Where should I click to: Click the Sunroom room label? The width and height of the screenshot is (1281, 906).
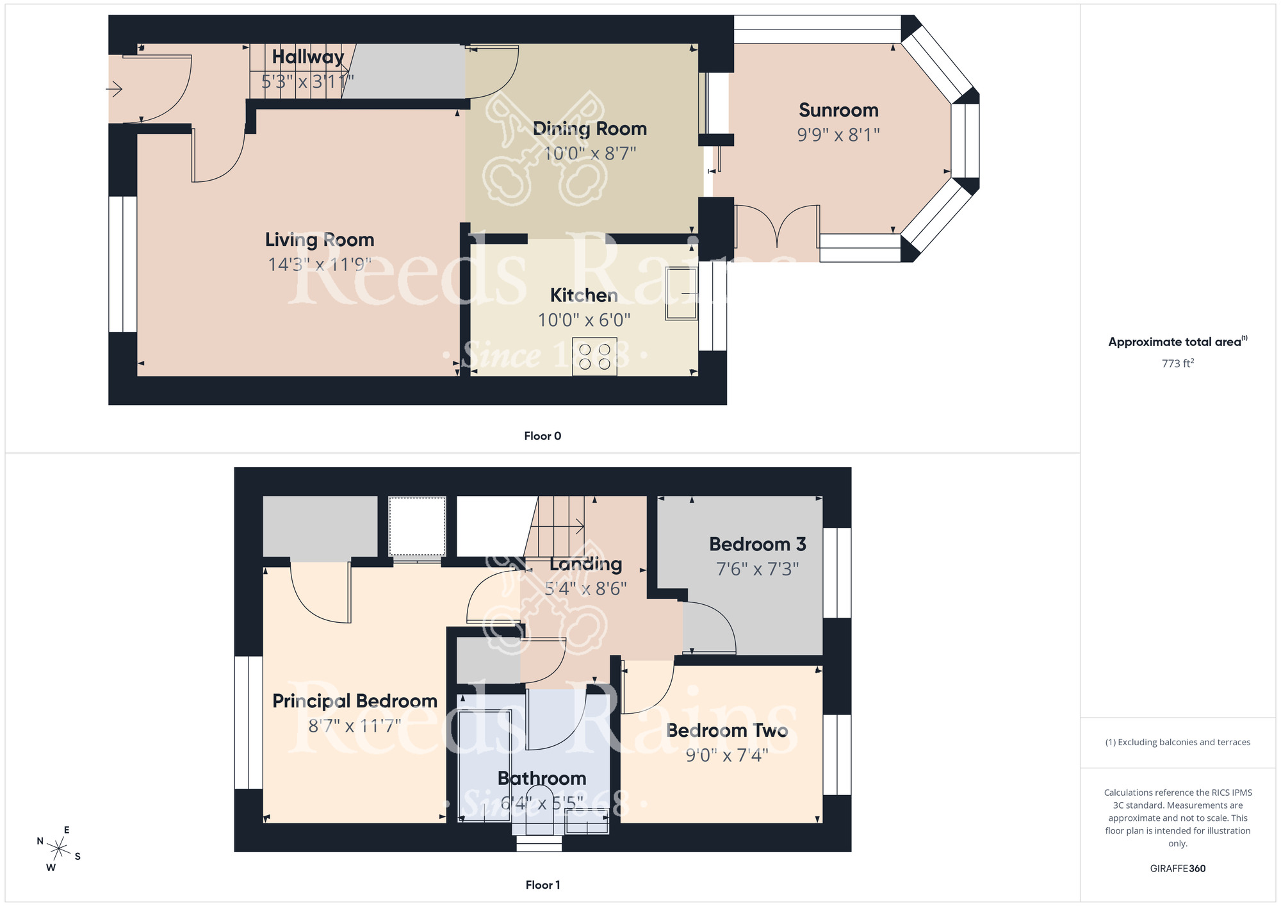click(x=838, y=110)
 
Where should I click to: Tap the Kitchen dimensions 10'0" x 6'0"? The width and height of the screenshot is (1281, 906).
click(x=583, y=320)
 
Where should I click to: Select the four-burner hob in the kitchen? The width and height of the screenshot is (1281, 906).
click(x=594, y=357)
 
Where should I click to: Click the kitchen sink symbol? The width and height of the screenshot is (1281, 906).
click(x=681, y=293)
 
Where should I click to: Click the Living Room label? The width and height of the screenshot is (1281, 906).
click(x=320, y=240)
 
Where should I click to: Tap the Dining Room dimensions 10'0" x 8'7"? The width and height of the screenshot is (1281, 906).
click(x=589, y=154)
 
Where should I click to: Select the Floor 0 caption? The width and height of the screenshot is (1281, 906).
click(x=542, y=436)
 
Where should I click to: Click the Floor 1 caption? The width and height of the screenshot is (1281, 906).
click(x=542, y=885)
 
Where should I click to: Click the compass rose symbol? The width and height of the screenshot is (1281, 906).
click(x=58, y=850)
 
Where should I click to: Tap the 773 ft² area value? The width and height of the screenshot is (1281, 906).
click(x=1177, y=363)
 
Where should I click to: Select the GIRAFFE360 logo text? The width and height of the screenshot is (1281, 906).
click(x=1177, y=869)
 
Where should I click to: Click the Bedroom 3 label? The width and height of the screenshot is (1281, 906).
click(x=757, y=544)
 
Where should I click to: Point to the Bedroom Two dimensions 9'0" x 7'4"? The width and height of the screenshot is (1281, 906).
click(x=726, y=755)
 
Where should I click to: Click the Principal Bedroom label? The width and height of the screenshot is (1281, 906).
click(x=355, y=701)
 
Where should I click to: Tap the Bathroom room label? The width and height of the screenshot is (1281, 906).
click(x=542, y=778)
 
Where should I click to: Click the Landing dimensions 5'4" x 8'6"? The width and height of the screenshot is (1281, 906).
click(x=585, y=588)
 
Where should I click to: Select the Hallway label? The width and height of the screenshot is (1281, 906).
click(x=308, y=57)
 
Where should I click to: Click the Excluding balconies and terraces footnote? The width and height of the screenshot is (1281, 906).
click(x=1177, y=742)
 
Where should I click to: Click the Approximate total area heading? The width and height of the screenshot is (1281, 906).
click(x=1176, y=342)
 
